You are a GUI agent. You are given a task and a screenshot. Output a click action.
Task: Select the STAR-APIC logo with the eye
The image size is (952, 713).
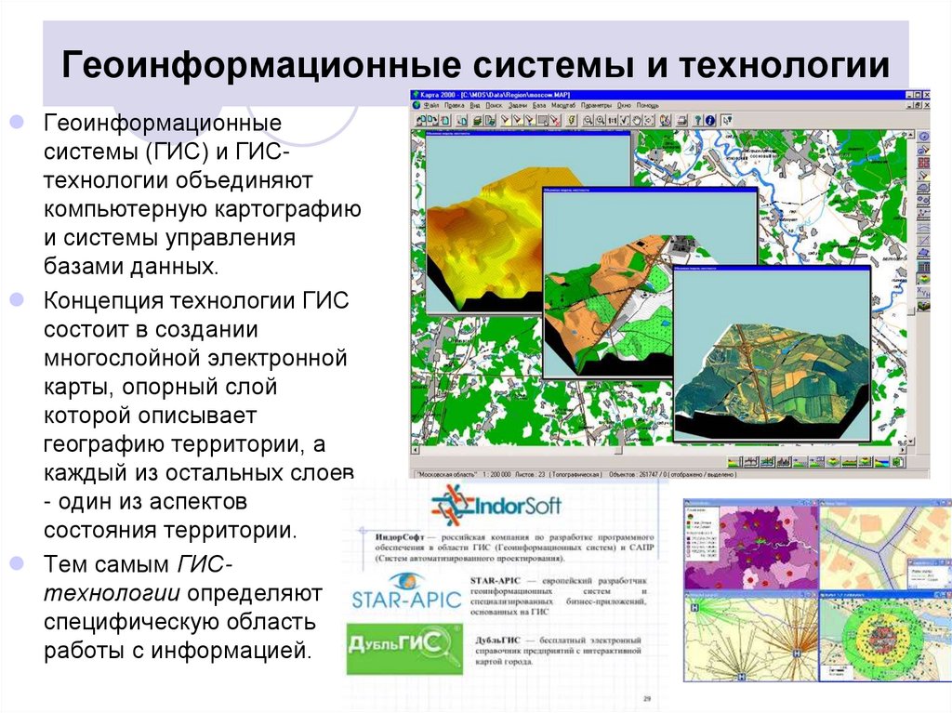[405, 592]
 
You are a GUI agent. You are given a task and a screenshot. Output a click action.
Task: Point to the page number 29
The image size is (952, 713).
[648, 698]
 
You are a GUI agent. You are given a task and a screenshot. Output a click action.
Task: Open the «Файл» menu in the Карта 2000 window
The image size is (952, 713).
[430, 106]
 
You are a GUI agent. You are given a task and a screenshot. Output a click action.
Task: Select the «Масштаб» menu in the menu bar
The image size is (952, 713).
[563, 106]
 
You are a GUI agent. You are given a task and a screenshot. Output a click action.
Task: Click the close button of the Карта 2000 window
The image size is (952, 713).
[923, 94]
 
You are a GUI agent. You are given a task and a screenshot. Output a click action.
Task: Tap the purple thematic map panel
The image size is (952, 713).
[751, 548]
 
